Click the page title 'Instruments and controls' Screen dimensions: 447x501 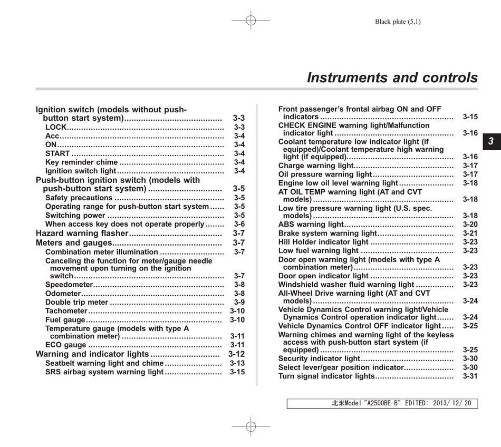(x=392, y=78)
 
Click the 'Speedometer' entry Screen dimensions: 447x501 (x=69, y=285)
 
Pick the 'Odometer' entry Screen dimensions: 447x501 (x=63, y=294)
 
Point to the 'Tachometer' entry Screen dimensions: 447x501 (x=66, y=311)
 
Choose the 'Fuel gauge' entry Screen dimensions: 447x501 (x=65, y=320)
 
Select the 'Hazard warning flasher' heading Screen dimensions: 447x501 (x=82, y=233)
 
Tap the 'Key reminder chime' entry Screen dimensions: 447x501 (x=81, y=162)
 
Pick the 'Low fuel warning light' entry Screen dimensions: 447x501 (x=319, y=251)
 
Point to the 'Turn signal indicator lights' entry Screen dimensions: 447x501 (x=326, y=376)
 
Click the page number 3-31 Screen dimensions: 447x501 (x=470, y=376)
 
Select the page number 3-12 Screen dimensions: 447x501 (x=236, y=354)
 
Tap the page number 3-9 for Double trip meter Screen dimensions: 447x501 (x=239, y=303)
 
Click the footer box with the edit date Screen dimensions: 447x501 (x=382, y=404)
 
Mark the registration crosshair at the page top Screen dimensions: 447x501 (x=250, y=21)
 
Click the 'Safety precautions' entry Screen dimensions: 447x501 (x=79, y=198)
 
